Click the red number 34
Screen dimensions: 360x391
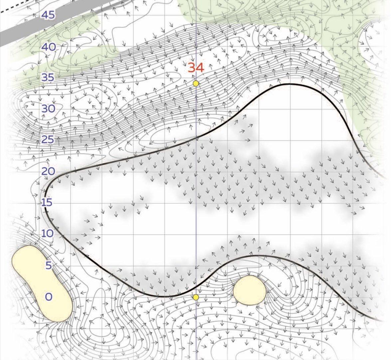pyautogui.click(x=196, y=68)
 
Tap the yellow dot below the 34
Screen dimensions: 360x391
pyautogui.click(x=196, y=83)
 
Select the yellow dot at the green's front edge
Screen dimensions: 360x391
pyautogui.click(x=196, y=297)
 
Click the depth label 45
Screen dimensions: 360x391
pyautogui.click(x=48, y=15)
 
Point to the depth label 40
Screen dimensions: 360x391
pyautogui.click(x=49, y=47)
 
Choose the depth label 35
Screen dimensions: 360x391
pyautogui.click(x=48, y=78)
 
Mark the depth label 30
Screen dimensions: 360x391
pyautogui.click(x=48, y=108)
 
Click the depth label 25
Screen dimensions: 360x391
pyautogui.click(x=48, y=139)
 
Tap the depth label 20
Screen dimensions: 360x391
pyautogui.click(x=48, y=171)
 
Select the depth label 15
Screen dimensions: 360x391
pyautogui.click(x=48, y=202)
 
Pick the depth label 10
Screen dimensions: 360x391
pyautogui.click(x=48, y=233)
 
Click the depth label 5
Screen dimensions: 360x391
pyautogui.click(x=49, y=265)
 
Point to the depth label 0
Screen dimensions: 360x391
pyautogui.click(x=49, y=296)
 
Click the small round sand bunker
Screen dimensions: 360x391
pyautogui.click(x=250, y=290)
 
